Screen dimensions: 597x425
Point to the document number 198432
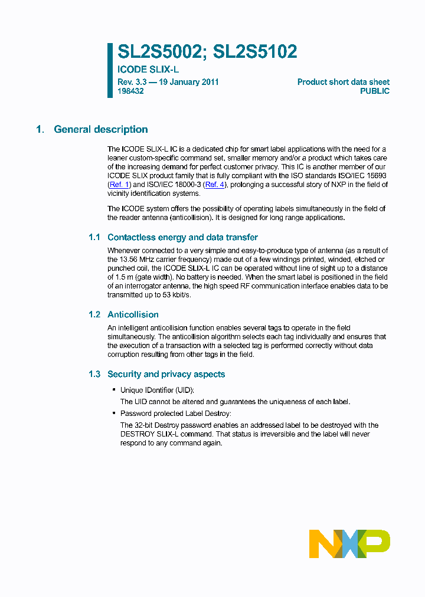click(130, 91)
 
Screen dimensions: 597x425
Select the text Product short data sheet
click(343, 82)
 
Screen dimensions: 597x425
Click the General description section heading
click(101, 129)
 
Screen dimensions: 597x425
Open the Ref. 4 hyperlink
click(214, 185)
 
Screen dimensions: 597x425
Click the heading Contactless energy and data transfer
click(182, 237)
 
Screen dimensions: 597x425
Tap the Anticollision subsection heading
click(133, 314)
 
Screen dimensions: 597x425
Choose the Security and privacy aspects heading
click(166, 374)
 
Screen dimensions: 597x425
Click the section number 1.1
click(94, 237)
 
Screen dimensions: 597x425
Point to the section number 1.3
click(94, 374)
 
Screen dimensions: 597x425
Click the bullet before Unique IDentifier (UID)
click(113, 391)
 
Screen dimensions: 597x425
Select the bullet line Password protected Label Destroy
click(175, 413)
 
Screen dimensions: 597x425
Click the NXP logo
click(349, 543)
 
